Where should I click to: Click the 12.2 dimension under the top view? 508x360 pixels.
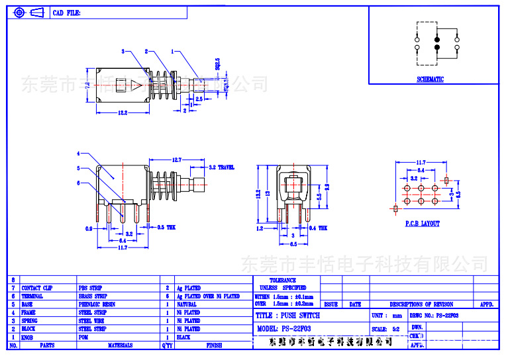[123, 113]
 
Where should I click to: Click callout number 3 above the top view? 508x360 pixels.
[123, 51]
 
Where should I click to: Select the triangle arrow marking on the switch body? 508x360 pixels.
[135, 85]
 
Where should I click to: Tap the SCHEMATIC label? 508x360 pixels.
[430, 79]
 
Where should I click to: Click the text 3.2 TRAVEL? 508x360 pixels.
[221, 168]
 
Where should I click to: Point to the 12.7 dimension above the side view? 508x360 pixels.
[176, 159]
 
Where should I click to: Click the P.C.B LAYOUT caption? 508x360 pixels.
[422, 224]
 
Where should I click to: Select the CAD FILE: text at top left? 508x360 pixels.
[67, 13]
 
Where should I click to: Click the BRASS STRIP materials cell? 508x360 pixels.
[93, 296]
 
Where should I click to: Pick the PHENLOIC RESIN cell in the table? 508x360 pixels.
[96, 304]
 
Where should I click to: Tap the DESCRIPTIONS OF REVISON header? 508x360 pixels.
[421, 304]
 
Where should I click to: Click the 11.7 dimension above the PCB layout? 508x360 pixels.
[421, 162]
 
